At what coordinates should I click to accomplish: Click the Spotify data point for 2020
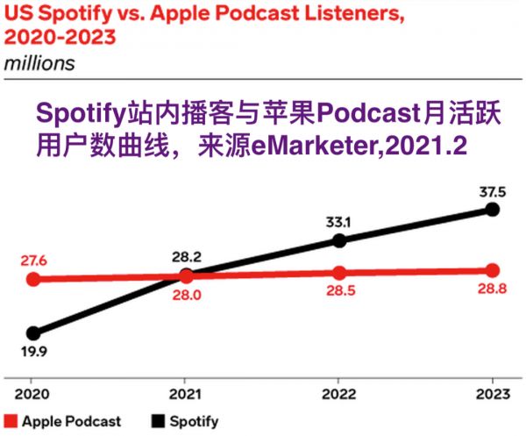(33, 333)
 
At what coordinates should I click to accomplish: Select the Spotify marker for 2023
(493, 209)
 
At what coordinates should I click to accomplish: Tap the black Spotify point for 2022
(339, 239)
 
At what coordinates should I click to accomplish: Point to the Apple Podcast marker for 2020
(33, 280)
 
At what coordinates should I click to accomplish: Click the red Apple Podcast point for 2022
(339, 273)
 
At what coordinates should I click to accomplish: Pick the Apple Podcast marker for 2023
(493, 269)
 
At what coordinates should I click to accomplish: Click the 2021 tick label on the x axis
(186, 396)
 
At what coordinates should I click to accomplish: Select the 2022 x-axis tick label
(339, 396)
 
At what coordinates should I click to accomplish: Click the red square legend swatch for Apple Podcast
(11, 421)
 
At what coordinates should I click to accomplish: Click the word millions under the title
(40, 64)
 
